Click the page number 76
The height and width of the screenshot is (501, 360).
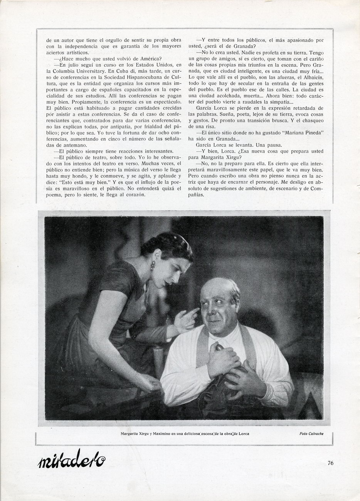(x=330, y=463)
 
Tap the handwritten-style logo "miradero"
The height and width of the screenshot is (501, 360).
(x=72, y=459)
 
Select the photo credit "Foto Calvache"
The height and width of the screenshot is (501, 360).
(x=311, y=434)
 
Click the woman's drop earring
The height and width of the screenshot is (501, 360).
(x=152, y=265)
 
